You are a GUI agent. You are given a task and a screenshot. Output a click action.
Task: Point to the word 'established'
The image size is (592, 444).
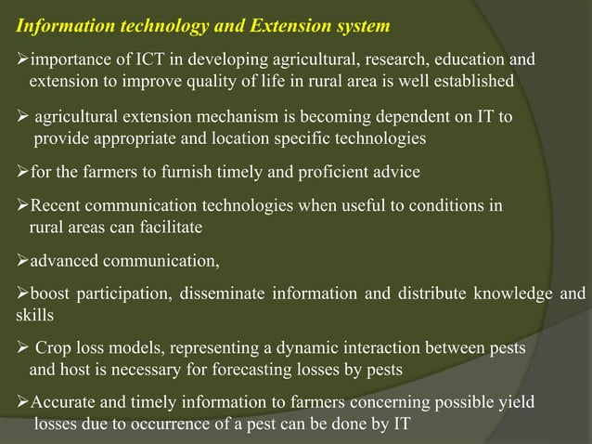click(470, 81)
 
